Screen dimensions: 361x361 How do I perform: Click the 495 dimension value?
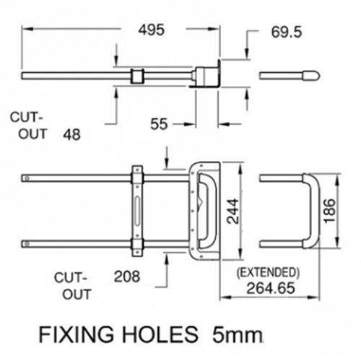[152, 30]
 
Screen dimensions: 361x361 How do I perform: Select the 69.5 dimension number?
[287, 32]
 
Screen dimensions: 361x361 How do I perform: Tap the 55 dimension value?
[159, 124]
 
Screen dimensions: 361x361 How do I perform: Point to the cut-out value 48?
[71, 134]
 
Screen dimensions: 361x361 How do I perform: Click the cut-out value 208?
[127, 277]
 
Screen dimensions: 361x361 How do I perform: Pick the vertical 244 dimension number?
[233, 212]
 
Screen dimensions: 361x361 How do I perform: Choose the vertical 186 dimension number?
[329, 211]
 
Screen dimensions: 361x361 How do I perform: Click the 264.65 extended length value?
[271, 288]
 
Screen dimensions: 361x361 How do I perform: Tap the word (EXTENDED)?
[268, 272]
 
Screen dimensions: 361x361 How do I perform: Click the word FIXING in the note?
[76, 334]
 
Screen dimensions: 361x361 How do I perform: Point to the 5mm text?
[237, 334]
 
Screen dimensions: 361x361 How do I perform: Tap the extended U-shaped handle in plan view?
[313, 211]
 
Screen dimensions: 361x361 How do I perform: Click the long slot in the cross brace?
[137, 211]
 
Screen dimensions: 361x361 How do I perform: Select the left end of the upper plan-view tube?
[22, 178]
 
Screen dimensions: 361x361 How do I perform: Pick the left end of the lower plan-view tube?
[22, 244]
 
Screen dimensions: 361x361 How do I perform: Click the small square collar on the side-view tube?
[137, 76]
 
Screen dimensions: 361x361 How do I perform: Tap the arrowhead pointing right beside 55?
[189, 124]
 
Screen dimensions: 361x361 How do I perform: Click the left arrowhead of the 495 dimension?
[27, 29]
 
